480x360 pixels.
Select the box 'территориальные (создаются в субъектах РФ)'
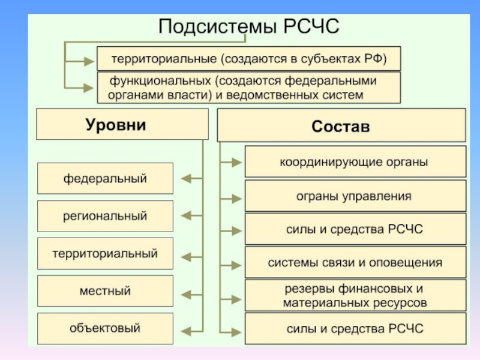[x=248, y=59]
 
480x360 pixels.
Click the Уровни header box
[x=122, y=124]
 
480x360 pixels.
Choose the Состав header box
[x=341, y=127]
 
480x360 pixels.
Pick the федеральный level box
[x=106, y=178]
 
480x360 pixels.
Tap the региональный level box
[x=106, y=215]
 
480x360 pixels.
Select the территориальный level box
[x=106, y=253]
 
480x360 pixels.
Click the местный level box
[x=106, y=291]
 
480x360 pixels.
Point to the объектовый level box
[x=106, y=328]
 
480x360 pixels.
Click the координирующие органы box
[x=355, y=162]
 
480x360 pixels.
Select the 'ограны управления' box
[x=355, y=196]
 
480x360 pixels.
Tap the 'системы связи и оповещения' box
[x=355, y=263]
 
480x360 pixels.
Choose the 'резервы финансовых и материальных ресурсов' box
[x=355, y=296]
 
